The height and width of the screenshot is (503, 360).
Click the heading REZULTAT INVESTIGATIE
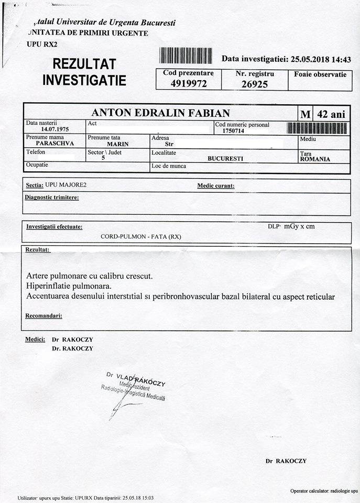tap(84, 72)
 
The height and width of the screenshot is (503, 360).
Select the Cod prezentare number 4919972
tap(188, 83)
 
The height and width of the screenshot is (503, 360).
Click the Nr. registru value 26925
tap(255, 84)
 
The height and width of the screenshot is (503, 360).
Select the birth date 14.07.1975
tap(55, 129)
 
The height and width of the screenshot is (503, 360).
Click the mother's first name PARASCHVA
tap(54, 143)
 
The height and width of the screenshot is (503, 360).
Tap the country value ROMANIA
tap(315, 159)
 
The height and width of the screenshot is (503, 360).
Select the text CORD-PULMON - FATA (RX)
tap(141, 236)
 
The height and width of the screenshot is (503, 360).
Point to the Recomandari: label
tap(44, 316)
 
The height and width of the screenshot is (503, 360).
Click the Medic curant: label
tap(215, 185)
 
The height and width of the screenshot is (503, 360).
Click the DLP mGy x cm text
tap(291, 226)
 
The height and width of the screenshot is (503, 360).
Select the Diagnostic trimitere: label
tap(52, 198)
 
